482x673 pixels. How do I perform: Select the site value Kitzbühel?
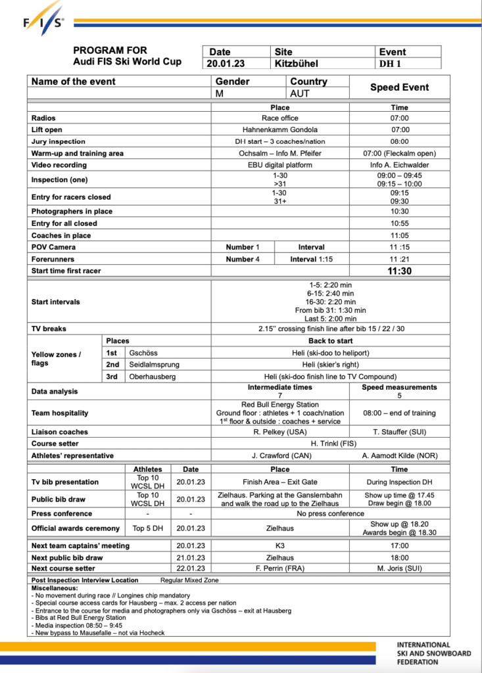pos(296,64)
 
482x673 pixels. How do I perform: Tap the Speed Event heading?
pos(399,87)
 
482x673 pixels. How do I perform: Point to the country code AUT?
pos(300,93)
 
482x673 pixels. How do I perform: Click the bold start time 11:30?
pos(399,271)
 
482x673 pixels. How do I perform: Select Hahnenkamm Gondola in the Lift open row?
pos(279,129)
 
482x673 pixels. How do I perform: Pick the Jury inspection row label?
pos(59,141)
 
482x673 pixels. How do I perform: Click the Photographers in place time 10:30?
pos(399,212)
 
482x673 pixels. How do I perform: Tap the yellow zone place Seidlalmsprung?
pos(155,364)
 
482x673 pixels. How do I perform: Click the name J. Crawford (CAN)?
pos(279,455)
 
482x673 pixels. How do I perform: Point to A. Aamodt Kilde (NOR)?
pos(399,455)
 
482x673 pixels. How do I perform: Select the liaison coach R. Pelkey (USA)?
pos(279,432)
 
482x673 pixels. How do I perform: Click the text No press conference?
pos(330,513)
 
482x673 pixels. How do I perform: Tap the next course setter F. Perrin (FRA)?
pos(279,569)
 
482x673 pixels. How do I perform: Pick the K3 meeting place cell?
pos(279,545)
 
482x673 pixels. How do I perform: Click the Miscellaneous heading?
pos(55,588)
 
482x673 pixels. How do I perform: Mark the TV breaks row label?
pos(49,328)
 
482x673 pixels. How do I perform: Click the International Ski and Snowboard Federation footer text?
pos(433,653)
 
